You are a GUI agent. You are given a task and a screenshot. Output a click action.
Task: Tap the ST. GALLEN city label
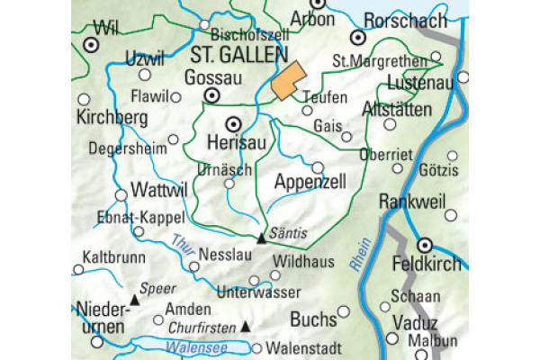coord(238,56)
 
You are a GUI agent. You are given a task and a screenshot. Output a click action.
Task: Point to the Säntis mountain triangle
coord(262,238)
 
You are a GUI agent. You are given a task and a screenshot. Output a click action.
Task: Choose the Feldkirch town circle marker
coord(426,244)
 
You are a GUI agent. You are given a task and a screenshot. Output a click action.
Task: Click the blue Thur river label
coord(184,242)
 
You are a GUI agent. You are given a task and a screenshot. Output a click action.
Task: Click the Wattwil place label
coord(157,192)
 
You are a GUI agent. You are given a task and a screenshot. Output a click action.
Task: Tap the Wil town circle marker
coord(92,43)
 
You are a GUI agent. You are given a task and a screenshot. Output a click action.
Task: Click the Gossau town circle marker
coord(212,94)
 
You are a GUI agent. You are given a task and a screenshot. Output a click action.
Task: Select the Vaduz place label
coord(414,323)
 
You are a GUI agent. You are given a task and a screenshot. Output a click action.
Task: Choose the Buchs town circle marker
coord(343,311)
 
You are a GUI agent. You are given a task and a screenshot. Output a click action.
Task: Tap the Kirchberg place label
coord(112,119)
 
